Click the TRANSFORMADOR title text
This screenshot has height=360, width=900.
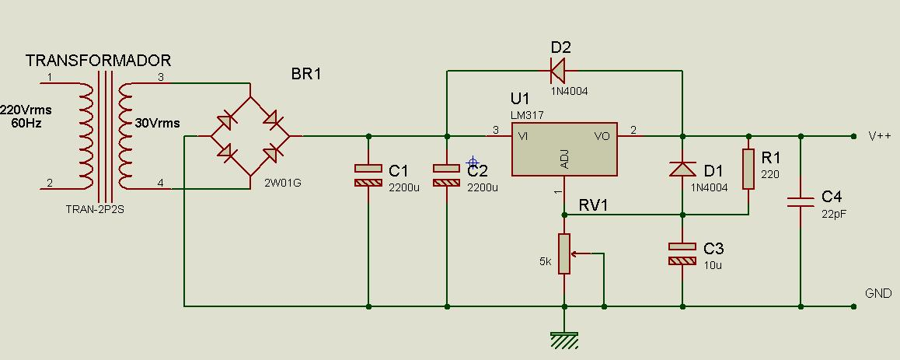[98, 61]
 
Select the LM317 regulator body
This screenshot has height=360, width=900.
[564, 149]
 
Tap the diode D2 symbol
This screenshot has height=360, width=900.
[558, 71]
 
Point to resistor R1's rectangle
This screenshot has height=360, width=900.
[748, 169]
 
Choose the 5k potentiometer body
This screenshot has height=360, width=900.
[564, 253]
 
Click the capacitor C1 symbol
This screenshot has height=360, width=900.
[368, 175]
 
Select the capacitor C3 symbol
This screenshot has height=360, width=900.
[682, 253]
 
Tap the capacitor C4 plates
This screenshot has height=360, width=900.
[800, 201]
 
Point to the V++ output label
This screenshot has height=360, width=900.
[879, 136]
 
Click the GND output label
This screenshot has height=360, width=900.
[878, 293]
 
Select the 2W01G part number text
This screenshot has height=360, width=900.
[282, 183]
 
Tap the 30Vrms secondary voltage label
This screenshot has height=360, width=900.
[157, 124]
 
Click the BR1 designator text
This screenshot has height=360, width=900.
[306, 74]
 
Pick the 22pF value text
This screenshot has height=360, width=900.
[834, 214]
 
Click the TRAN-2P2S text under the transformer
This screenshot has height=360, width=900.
[96, 210]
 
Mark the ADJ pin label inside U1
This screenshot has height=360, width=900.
[564, 163]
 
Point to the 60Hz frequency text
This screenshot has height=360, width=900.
[26, 124]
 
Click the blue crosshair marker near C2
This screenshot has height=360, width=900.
[473, 163]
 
